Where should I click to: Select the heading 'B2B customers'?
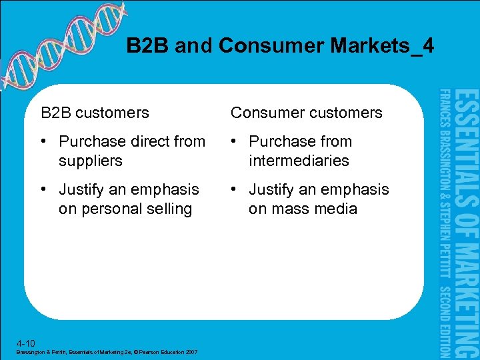95,113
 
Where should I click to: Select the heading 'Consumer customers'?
307,113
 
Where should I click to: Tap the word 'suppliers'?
91,161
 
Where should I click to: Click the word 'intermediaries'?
299,161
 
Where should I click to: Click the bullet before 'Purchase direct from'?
45,141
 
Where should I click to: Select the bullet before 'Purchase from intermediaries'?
235,141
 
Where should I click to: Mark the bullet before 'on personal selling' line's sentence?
45,189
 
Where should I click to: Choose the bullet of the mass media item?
235,189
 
